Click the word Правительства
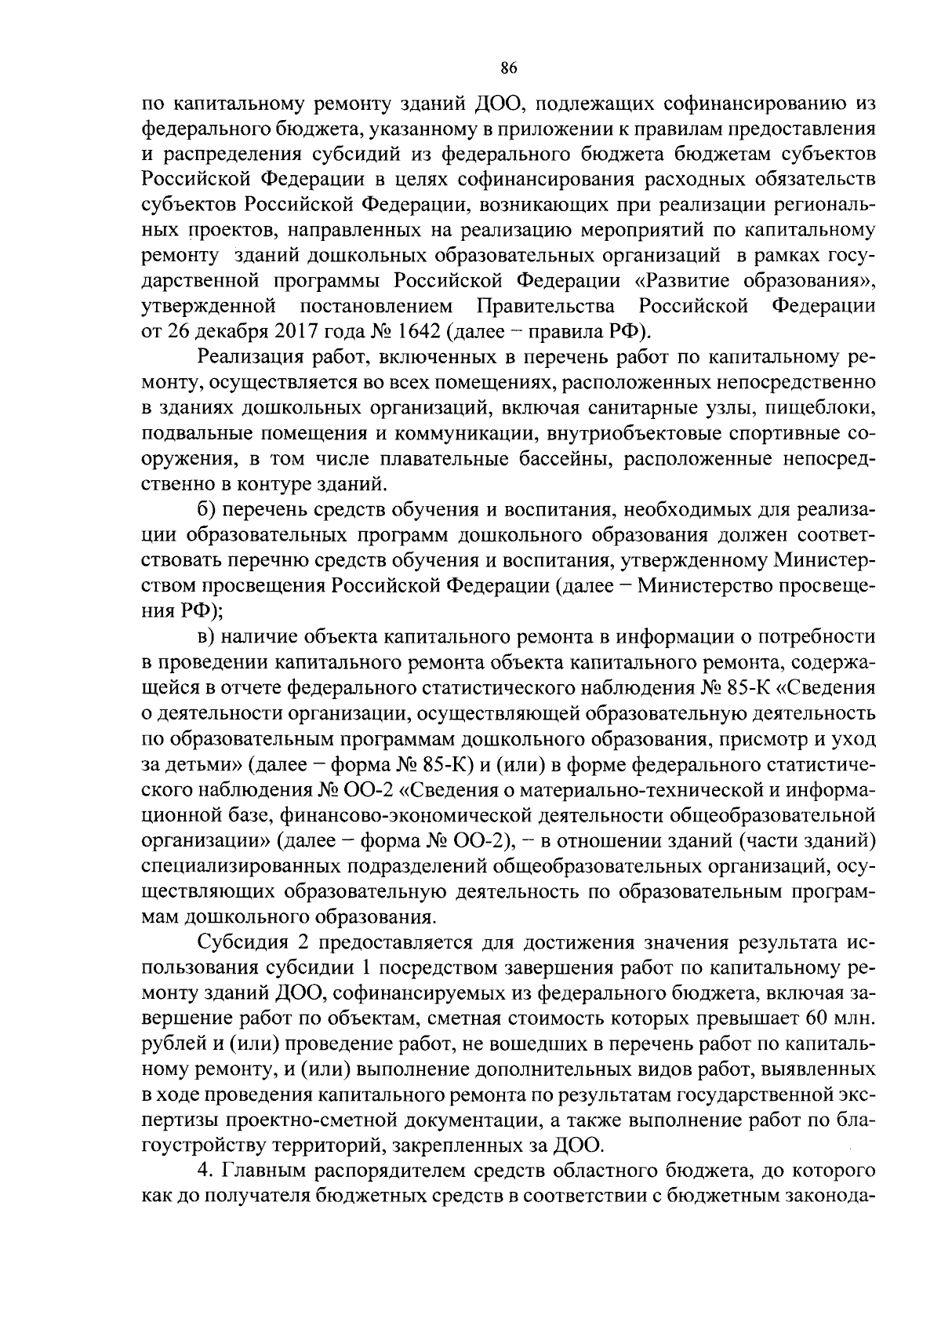coord(546,305)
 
